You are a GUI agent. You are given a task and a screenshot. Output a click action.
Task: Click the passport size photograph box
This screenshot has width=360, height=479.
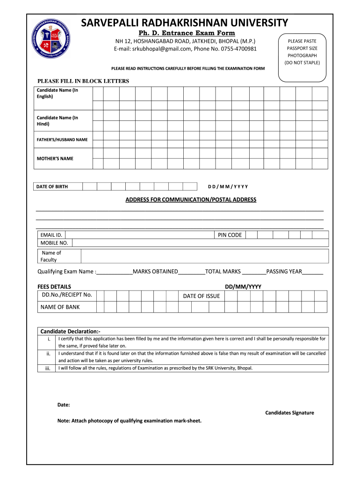302,52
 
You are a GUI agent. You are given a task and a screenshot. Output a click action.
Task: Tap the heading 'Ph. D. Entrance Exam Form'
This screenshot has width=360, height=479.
186,33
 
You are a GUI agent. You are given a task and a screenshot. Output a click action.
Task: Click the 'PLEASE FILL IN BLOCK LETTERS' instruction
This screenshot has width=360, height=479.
83,81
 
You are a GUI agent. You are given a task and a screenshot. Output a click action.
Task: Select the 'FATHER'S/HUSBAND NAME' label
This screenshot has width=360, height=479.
62,140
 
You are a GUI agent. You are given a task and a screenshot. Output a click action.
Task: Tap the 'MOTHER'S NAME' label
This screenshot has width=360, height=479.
55,159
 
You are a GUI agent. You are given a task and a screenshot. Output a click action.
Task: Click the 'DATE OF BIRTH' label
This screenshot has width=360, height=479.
52,187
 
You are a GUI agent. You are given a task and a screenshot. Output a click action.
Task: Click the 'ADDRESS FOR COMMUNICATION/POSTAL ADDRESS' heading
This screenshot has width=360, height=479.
191,200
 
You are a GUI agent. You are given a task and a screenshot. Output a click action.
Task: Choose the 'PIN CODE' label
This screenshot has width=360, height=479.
230,235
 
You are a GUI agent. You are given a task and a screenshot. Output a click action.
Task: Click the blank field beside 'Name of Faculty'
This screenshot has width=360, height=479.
204,256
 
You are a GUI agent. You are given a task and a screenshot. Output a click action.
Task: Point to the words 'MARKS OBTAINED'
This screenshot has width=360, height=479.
155,271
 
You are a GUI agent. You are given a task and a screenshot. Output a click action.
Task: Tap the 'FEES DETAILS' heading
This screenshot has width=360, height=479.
54,286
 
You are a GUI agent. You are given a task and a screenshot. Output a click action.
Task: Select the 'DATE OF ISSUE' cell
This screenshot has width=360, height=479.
201,296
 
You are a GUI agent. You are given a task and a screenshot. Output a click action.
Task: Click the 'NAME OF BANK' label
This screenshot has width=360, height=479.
60,307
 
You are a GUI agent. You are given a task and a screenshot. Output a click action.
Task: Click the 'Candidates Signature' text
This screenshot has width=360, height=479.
289,413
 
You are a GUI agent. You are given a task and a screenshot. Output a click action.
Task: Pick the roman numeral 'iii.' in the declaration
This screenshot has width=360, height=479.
48,368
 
